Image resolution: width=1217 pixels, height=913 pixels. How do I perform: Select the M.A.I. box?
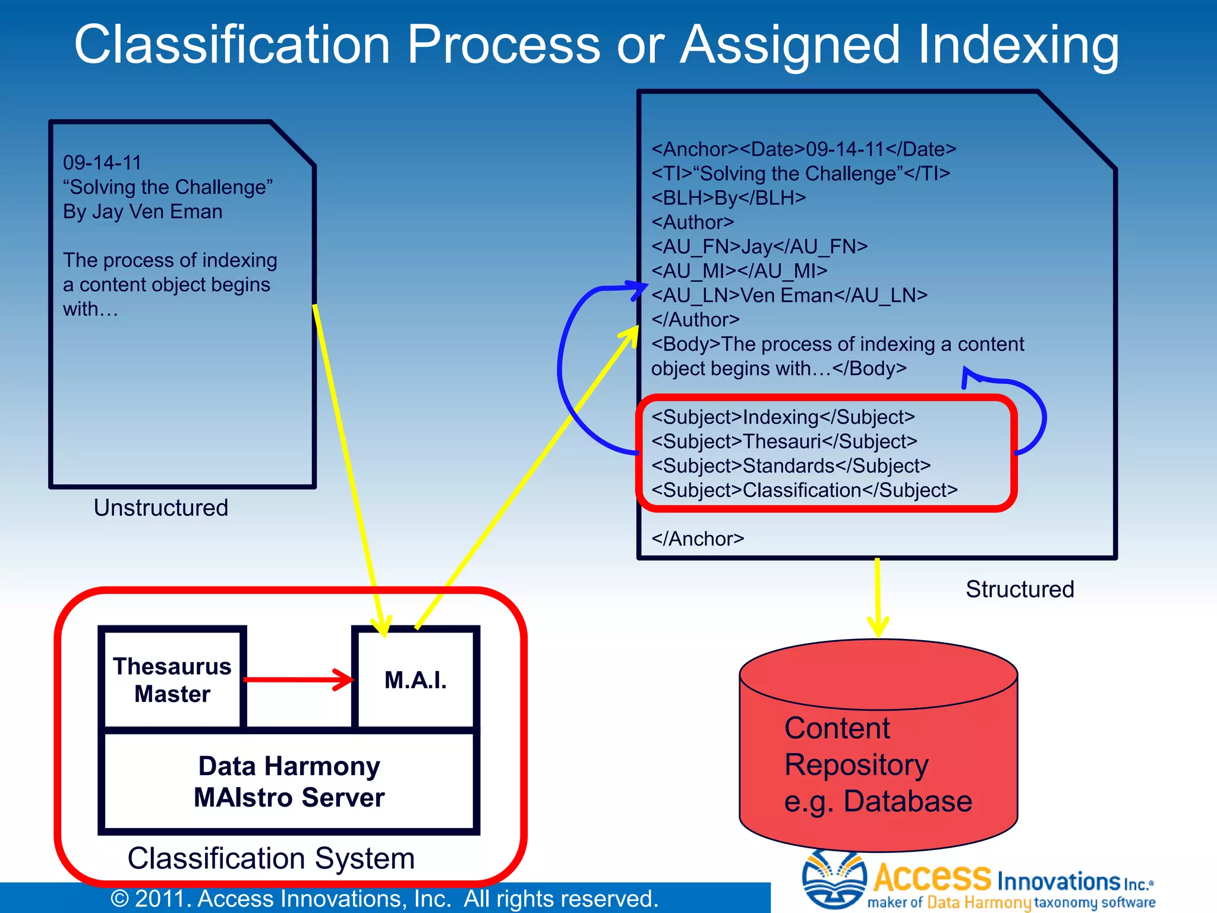pos(415,679)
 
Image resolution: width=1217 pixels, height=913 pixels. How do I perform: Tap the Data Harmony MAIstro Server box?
pos(289,781)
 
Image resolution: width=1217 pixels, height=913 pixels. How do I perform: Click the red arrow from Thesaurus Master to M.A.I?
pos(297,679)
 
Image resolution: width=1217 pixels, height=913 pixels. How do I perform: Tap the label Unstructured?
pos(160,508)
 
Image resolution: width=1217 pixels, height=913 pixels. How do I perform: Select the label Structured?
pos(1020,589)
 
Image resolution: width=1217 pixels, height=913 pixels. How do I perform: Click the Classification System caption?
pos(271,858)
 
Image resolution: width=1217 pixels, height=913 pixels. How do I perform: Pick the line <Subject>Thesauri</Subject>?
pos(784,442)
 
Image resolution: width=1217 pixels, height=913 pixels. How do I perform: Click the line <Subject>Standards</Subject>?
pos(790,466)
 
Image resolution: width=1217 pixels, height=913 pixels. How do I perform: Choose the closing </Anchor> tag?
pos(698,539)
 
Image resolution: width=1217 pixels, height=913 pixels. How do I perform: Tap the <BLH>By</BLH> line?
pos(729,198)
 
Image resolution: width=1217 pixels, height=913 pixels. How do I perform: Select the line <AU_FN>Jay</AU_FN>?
pos(759,247)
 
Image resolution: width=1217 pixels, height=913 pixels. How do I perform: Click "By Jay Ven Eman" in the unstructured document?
pos(143,212)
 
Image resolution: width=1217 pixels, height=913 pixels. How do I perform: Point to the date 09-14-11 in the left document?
pos(102,163)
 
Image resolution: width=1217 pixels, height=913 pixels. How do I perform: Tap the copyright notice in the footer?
pos(385,898)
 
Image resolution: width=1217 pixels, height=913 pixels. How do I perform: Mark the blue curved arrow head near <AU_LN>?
pos(639,289)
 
